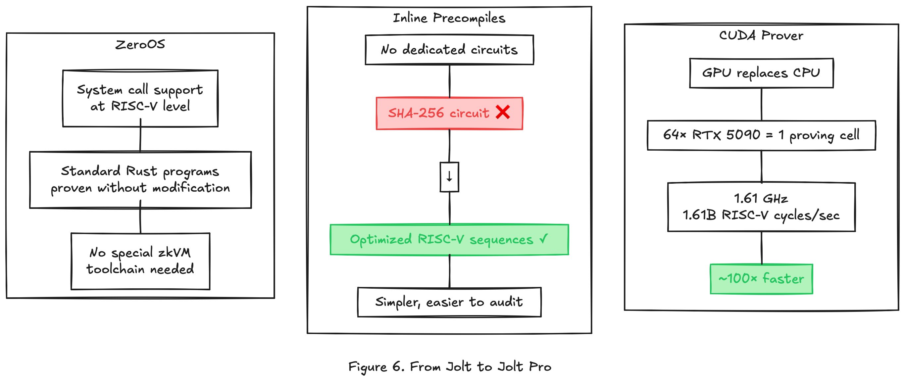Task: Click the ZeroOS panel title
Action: [x=140, y=44]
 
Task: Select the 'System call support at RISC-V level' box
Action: [x=140, y=98]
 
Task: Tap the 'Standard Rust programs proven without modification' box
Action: [x=140, y=179]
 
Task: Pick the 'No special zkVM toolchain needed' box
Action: [x=140, y=261]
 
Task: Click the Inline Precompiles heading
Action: [x=449, y=18]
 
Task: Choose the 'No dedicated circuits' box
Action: [x=449, y=50]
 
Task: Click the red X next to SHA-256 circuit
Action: [x=503, y=112]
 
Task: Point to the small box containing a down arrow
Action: [x=449, y=177]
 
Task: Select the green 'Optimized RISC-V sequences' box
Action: [x=449, y=239]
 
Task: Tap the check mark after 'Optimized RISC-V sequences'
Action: [x=543, y=239]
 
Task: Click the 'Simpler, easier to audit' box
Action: [x=449, y=302]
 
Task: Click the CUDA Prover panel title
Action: [x=761, y=35]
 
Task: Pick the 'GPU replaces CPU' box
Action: [x=761, y=73]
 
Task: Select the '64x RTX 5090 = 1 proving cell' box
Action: [x=761, y=135]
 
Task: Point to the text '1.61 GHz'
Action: [x=761, y=199]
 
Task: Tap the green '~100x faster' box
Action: [x=761, y=279]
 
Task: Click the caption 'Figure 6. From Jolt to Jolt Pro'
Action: [x=450, y=366]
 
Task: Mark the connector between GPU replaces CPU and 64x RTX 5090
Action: [x=761, y=104]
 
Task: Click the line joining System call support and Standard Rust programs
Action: [x=140, y=139]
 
